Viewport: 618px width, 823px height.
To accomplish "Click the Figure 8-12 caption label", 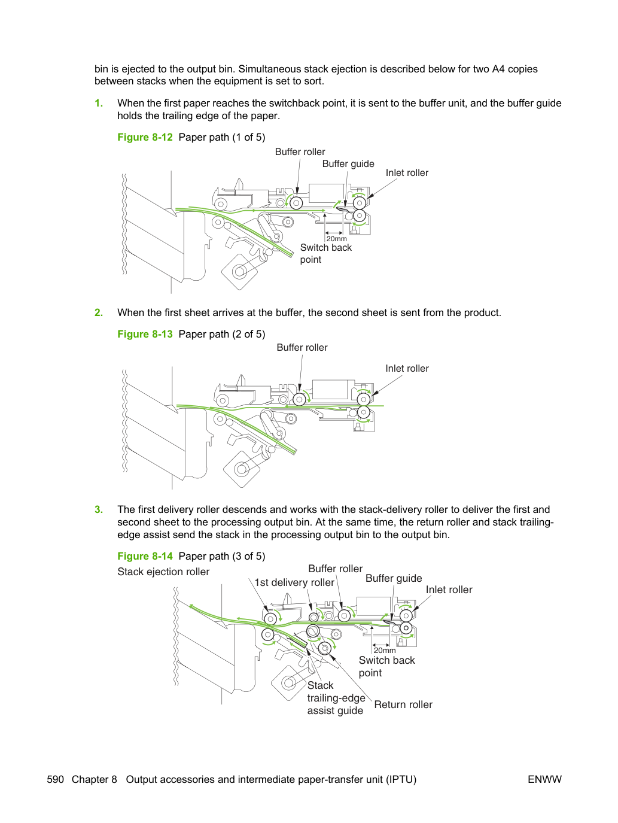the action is pos(145,137).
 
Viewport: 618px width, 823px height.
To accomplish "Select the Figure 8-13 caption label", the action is pos(145,334).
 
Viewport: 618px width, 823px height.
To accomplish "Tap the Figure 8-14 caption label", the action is pos(145,556).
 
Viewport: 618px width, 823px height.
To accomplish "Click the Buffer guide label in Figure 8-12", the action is pos(348,164).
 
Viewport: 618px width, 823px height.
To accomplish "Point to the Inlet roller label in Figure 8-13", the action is pos(407,369).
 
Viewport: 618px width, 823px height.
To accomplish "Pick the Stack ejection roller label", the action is pos(163,572).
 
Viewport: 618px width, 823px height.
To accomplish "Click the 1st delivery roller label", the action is pos(294,582).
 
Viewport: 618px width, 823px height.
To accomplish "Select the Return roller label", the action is pos(403,705).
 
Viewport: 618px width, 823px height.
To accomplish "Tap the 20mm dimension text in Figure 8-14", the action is pos(385,651).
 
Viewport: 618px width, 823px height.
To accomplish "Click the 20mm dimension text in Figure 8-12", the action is pos(337,239).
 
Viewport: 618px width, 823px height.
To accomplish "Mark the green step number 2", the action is pos(99,312).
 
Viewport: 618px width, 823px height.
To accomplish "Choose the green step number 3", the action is pos(99,509).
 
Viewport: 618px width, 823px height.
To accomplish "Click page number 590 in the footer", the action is pos(56,779).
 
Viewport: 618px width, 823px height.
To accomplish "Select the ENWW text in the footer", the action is pos(544,779).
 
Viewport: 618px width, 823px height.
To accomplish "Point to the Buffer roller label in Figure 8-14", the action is pos(336,569).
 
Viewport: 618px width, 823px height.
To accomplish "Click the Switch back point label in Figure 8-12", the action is pos(326,253).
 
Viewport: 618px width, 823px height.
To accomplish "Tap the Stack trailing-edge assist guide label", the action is pos(336,698).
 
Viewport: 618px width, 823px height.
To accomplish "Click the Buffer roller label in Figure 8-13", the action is pos(302,348).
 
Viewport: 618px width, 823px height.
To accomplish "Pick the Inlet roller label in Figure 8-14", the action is pos(449,590).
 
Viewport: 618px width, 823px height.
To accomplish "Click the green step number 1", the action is pos(99,103).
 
